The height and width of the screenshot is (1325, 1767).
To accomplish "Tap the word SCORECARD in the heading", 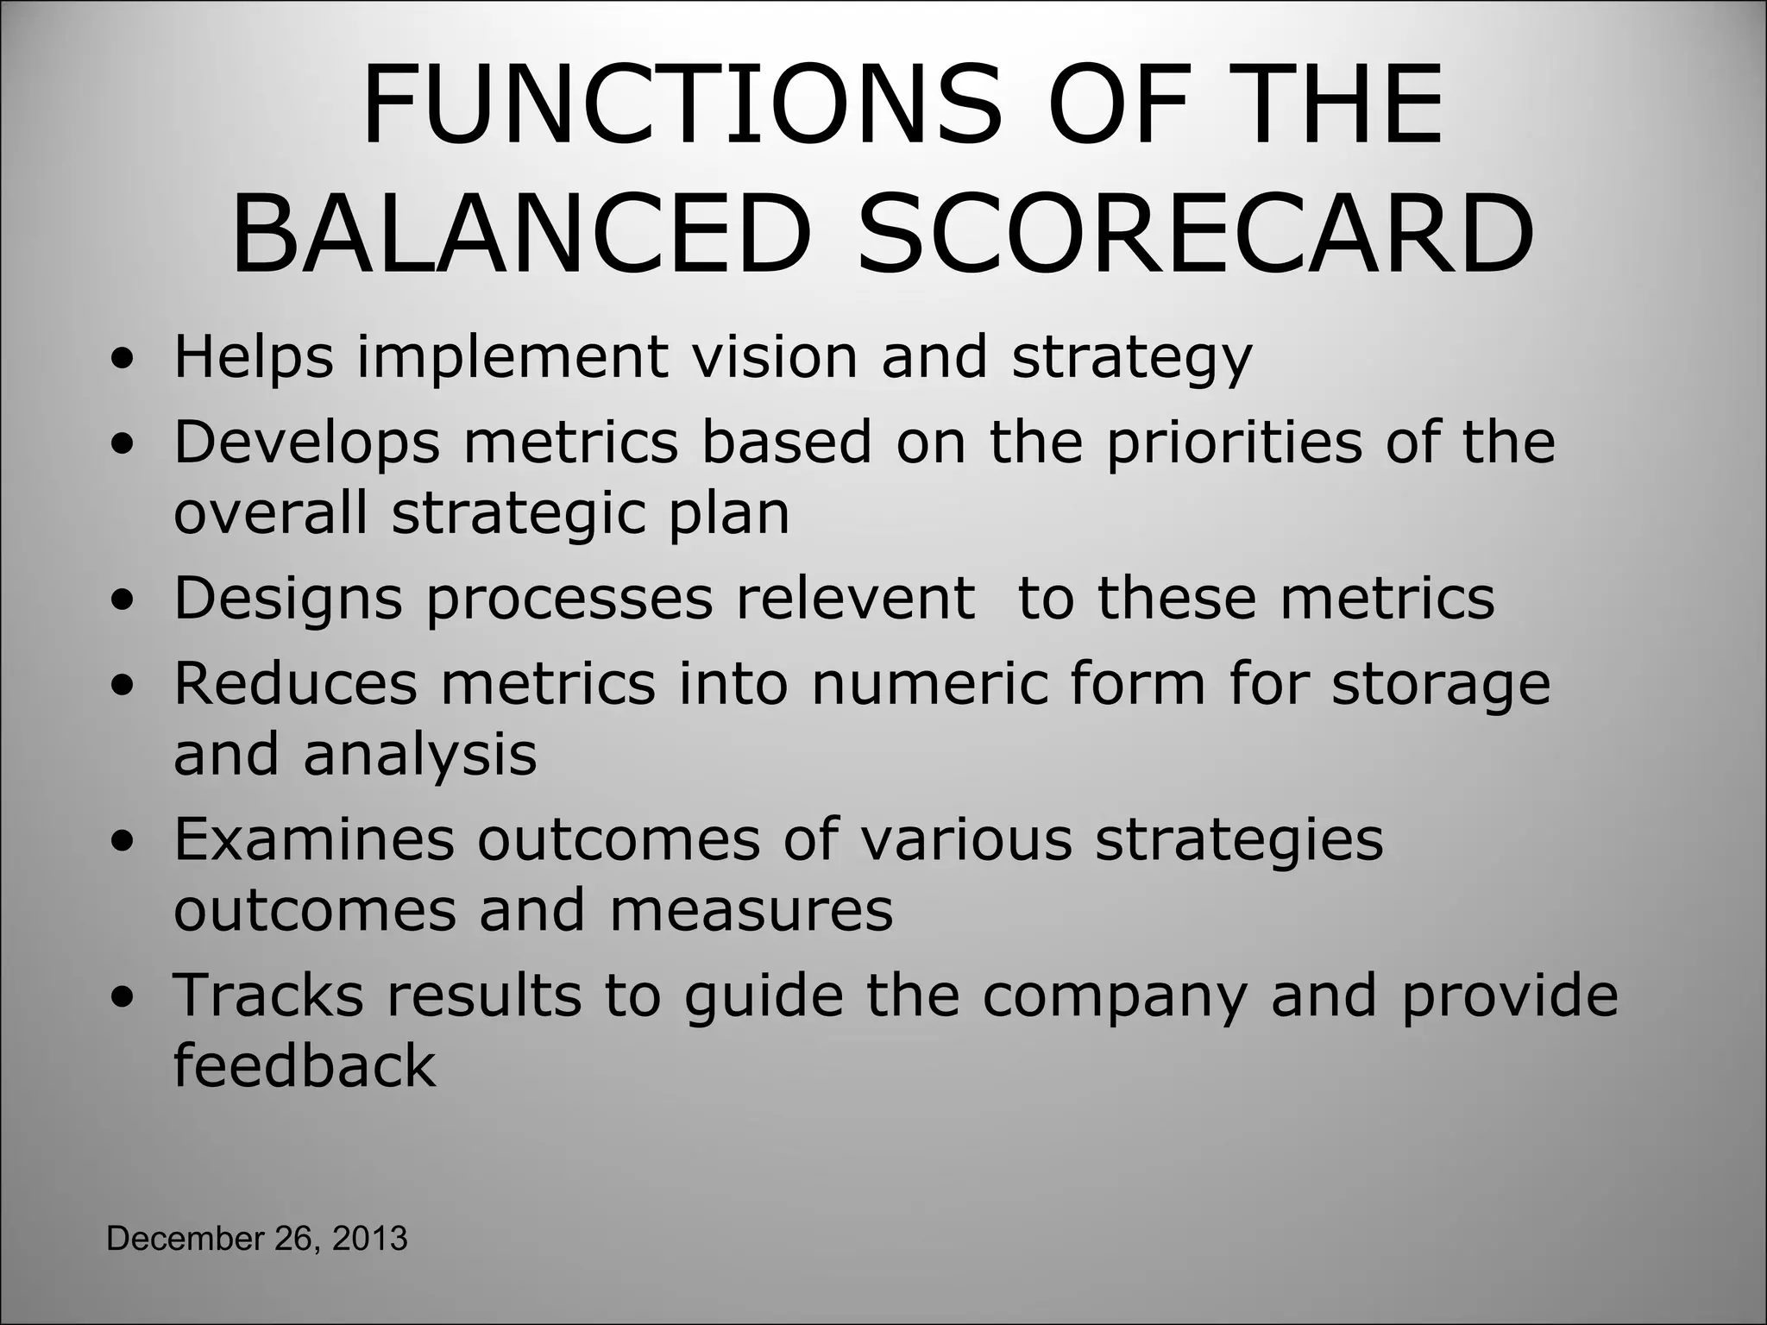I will click(x=1196, y=234).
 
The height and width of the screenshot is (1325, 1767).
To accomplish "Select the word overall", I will click(x=271, y=512).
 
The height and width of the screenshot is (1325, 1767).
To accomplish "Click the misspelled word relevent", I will click(x=855, y=598).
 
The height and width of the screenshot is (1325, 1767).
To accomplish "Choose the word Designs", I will click(x=288, y=600).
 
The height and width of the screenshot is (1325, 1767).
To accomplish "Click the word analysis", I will click(x=419, y=755).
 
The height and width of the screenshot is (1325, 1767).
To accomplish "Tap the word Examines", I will click(x=314, y=838).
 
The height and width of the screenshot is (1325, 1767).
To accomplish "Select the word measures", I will click(x=751, y=910).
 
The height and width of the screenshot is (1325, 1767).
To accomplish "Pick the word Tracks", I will click(x=268, y=995).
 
